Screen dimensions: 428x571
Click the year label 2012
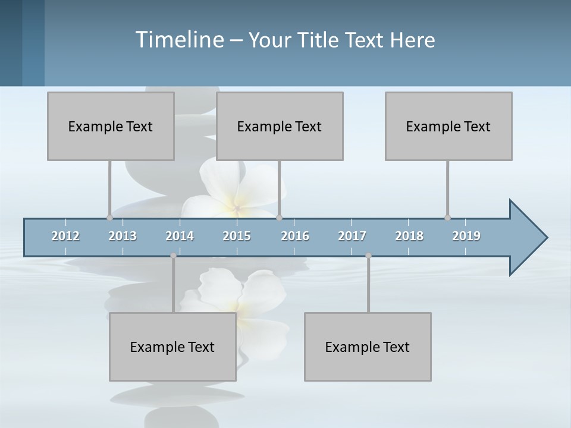coord(65,236)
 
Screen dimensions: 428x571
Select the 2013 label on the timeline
coord(123,236)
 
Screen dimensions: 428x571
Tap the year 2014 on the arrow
coord(180,236)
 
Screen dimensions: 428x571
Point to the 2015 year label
coord(237,236)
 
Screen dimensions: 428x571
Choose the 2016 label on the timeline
coord(295,236)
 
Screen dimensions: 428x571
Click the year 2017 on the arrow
coord(352,236)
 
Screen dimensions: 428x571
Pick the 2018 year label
coord(409,236)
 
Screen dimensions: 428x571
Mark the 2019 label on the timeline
coord(466,236)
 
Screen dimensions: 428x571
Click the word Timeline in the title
coord(178,40)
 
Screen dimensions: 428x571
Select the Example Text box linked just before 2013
coord(111,126)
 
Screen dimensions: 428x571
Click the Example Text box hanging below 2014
coord(172,347)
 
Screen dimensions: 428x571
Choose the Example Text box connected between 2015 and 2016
coord(280,126)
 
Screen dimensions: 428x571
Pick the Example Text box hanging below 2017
coord(368,347)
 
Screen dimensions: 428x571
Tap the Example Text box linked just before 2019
coord(448,126)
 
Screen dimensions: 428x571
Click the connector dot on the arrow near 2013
coord(110,218)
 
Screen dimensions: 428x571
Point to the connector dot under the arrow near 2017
coord(368,256)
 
